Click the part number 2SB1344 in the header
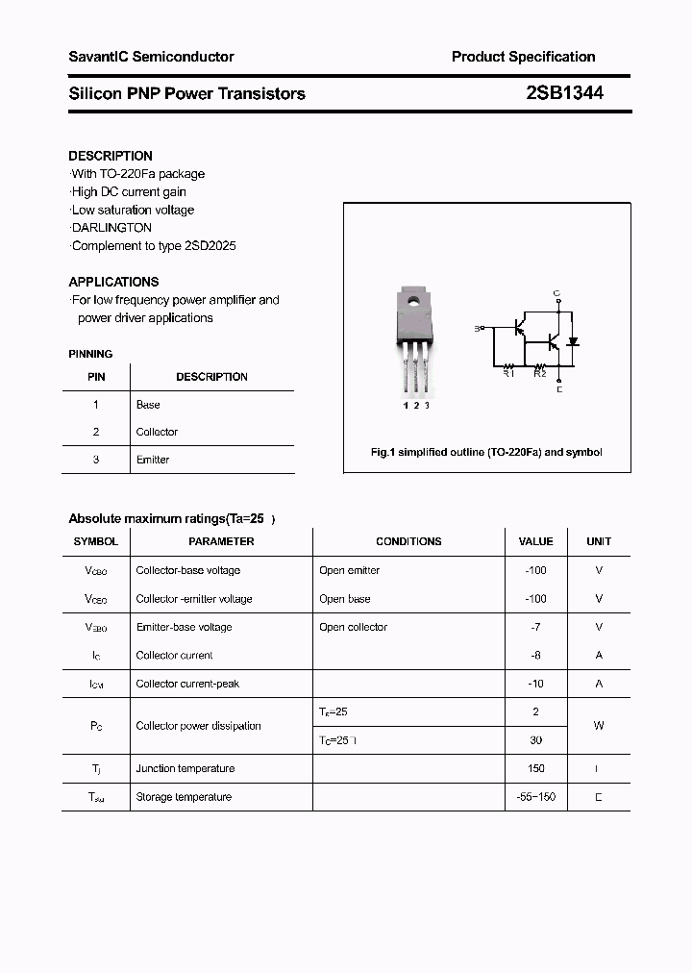(564, 93)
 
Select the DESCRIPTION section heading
(111, 156)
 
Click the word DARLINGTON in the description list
(112, 228)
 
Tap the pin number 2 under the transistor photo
(416, 406)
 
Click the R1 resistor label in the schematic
(509, 373)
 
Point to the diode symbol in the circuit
(573, 341)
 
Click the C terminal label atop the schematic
(557, 292)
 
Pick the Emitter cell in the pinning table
(153, 460)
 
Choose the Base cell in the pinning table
(148, 405)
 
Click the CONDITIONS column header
(408, 542)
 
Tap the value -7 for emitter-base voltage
(535, 627)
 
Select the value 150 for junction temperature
(535, 768)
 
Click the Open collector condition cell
(353, 627)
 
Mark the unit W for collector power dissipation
(598, 726)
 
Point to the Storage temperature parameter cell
(184, 797)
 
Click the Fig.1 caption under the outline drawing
(486, 452)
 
